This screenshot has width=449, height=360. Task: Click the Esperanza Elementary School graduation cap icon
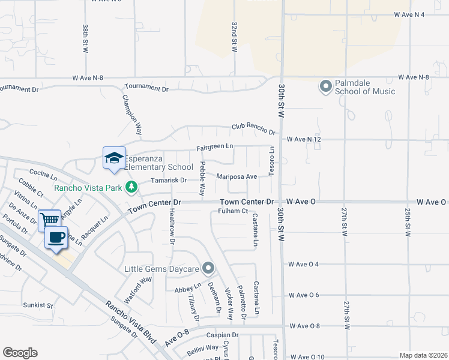click(x=114, y=158)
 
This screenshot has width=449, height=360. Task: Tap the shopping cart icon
click(x=49, y=219)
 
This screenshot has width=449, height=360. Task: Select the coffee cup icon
click(x=57, y=238)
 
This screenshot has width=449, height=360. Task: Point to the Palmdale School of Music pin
click(x=326, y=87)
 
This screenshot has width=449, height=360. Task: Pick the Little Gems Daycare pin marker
click(x=208, y=268)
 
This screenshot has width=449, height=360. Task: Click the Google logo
click(x=20, y=353)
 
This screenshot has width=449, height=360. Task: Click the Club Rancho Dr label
click(x=253, y=128)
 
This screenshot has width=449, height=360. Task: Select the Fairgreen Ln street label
click(x=215, y=147)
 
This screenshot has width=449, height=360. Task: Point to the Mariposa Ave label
click(x=237, y=176)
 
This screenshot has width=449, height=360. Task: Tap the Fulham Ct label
click(x=233, y=211)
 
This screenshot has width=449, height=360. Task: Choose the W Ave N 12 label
click(x=305, y=139)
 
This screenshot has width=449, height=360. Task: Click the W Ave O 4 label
click(x=303, y=264)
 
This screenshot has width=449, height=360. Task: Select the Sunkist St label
click(x=38, y=305)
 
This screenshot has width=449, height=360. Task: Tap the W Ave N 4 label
click(x=409, y=14)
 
